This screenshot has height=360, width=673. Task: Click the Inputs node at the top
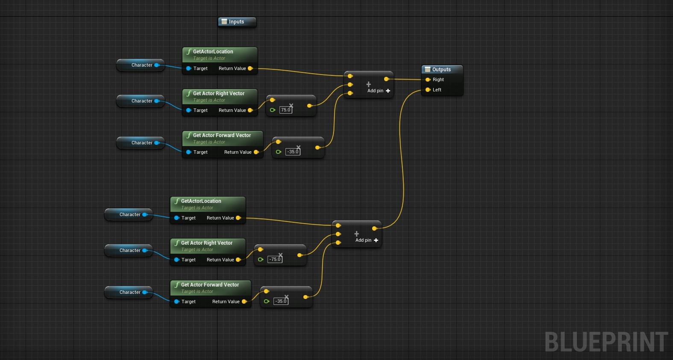(237, 22)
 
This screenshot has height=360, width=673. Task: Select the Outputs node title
(441, 70)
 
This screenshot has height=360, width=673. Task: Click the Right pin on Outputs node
(428, 80)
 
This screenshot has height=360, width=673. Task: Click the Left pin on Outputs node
(428, 90)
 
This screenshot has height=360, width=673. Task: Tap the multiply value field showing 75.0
(285, 110)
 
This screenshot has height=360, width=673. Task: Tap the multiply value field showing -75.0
(275, 260)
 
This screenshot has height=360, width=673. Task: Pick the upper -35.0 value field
(293, 152)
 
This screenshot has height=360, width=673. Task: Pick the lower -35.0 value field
(281, 301)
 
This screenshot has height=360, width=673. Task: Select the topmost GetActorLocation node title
(213, 52)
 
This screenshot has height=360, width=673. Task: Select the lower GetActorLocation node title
(201, 201)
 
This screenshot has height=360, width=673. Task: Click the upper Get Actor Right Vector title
(218, 94)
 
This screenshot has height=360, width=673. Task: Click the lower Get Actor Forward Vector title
(210, 285)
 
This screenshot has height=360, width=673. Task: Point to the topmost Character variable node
(141, 65)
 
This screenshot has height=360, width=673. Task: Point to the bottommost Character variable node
(129, 293)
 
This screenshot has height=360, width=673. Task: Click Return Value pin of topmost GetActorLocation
(250, 69)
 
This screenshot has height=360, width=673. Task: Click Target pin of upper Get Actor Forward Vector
(188, 152)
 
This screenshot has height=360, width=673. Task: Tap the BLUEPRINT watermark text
(606, 342)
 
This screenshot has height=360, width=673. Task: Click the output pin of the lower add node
(374, 228)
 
